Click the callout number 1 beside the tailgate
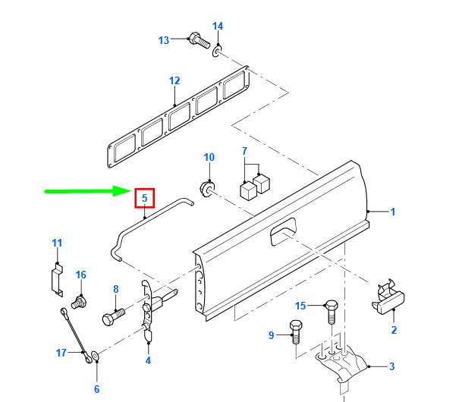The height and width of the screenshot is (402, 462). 393,212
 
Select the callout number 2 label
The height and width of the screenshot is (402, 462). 394,330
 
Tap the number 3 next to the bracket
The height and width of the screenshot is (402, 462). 391,367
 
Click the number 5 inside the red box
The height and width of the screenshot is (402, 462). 144,199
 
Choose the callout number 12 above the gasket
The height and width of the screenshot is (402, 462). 174,80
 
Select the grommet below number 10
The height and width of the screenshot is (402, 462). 207,187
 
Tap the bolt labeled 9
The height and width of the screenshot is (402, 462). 295,332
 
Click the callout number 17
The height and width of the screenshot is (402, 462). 61,352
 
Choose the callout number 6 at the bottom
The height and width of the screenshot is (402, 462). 96,389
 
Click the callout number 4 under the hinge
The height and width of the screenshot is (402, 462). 148,361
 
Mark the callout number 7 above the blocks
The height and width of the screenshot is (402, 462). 244,151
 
